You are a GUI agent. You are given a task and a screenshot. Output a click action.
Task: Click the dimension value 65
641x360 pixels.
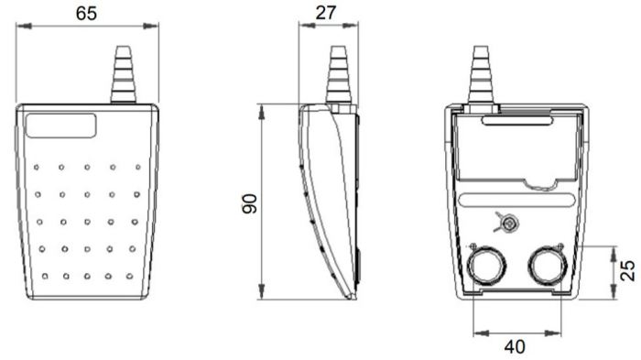pyautogui.click(x=86, y=13)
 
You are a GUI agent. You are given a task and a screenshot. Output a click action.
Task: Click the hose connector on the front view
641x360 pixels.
pyautogui.click(x=123, y=75)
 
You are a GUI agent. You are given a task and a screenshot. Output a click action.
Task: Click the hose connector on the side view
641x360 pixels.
pyautogui.click(x=340, y=75)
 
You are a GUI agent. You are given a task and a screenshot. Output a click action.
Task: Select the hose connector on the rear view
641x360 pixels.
pyautogui.click(x=481, y=75)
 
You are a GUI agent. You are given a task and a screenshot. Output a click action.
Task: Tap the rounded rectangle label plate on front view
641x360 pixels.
pyautogui.click(x=61, y=125)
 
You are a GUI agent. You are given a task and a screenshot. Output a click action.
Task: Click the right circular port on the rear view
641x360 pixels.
pyautogui.click(x=547, y=267)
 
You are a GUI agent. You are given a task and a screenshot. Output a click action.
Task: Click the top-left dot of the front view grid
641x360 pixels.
pyautogui.click(x=37, y=168)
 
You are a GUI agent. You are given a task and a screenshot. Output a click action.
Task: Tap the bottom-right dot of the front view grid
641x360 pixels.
pyautogui.click(x=131, y=276)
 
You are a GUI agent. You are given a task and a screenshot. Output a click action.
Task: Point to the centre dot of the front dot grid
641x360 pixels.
pyautogui.click(x=86, y=221)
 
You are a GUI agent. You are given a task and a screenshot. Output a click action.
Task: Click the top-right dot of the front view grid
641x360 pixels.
pyautogui.click(x=137, y=168)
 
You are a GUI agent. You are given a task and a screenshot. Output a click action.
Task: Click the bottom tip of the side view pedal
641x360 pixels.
pyautogui.click(x=352, y=297)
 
